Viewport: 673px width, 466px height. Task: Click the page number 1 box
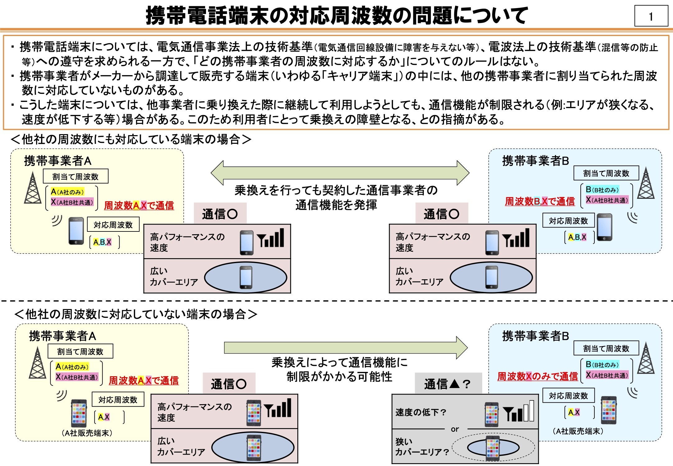tap(651, 16)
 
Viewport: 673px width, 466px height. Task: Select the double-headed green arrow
tap(340, 173)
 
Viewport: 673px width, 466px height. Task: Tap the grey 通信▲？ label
tap(448, 384)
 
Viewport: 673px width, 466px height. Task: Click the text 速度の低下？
tap(421, 412)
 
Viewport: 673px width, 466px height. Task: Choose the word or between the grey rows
tap(455, 429)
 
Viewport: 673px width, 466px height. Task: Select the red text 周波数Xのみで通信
tap(537, 377)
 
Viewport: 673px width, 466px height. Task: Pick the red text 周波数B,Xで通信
tap(540, 201)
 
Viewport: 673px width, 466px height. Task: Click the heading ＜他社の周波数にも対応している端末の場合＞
tap(131, 139)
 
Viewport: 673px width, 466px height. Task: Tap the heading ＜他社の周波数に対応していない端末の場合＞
tap(136, 314)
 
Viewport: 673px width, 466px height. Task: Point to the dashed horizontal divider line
tap(336, 301)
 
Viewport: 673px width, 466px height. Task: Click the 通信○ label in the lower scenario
tap(229, 384)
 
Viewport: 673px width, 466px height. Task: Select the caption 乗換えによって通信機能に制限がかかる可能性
tap(339, 370)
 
